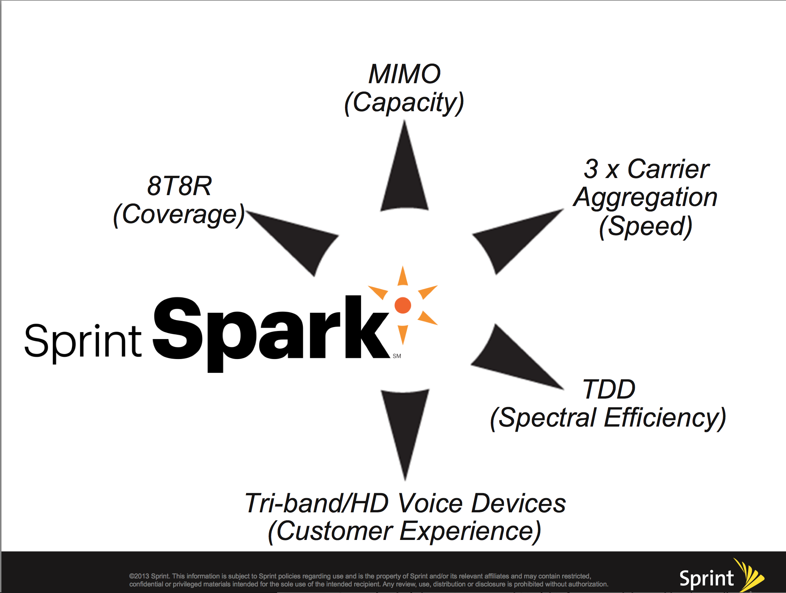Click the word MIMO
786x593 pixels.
click(x=404, y=74)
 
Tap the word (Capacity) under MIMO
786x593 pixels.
click(x=404, y=103)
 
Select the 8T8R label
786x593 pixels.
click(x=179, y=186)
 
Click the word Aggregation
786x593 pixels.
click(x=645, y=198)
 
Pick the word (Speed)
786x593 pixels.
click(x=646, y=226)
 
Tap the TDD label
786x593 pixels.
click(x=609, y=389)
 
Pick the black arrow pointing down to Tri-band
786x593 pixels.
click(x=405, y=425)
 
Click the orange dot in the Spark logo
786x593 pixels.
click(x=403, y=305)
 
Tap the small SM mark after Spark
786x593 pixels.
click(x=397, y=356)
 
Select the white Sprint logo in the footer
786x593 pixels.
click(x=706, y=578)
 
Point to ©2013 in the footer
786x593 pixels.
click(x=139, y=576)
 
